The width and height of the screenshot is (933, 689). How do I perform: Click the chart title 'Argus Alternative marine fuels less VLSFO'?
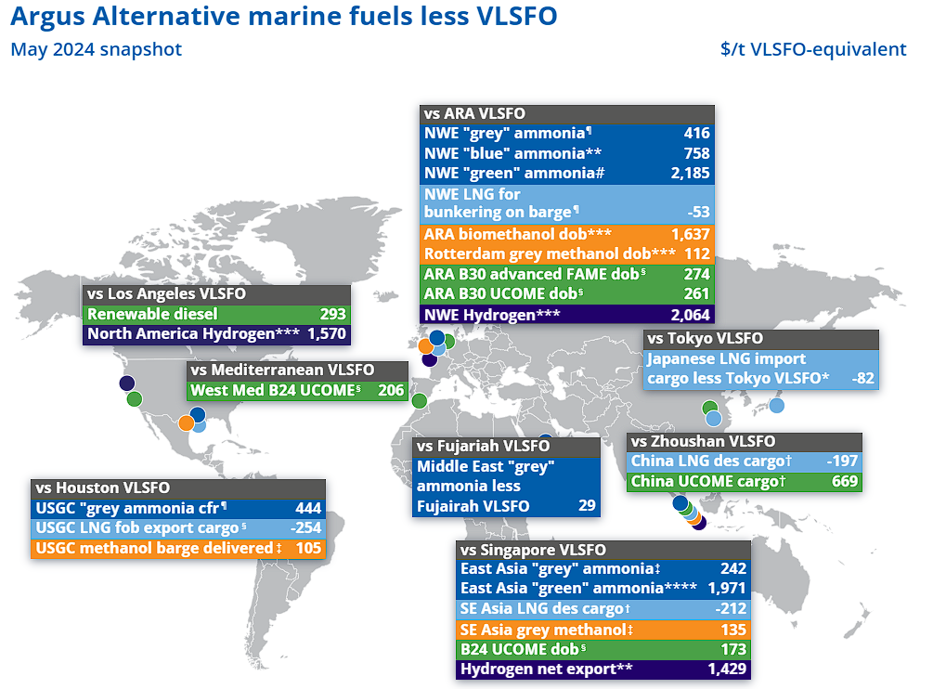pyautogui.click(x=284, y=18)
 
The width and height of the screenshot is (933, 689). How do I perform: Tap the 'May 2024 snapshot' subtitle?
pyautogui.click(x=96, y=50)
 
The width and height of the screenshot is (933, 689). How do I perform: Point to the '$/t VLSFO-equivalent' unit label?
pyautogui.click(x=812, y=50)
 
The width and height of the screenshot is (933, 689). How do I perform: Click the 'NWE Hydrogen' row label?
pyautogui.click(x=492, y=315)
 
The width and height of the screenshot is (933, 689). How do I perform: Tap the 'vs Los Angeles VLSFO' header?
pyautogui.click(x=166, y=294)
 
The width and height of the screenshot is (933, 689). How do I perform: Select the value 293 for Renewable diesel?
pyautogui.click(x=332, y=314)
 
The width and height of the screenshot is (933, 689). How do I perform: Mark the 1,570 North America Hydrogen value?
pyautogui.click(x=327, y=333)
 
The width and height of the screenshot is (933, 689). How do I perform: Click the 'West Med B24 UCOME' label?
pyautogui.click(x=275, y=391)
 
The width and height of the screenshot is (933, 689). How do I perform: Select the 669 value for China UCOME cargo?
pyautogui.click(x=845, y=481)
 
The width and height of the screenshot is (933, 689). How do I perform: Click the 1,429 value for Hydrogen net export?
pyautogui.click(x=726, y=669)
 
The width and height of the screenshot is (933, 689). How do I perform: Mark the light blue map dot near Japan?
pyautogui.click(x=776, y=405)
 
